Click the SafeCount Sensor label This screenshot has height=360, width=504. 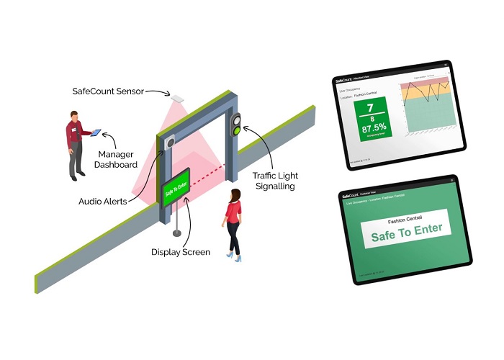click(108, 92)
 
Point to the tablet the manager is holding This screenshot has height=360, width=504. click(96, 132)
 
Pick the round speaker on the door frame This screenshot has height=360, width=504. click(170, 143)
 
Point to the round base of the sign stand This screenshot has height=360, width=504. click(176, 234)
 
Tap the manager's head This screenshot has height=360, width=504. click(76, 116)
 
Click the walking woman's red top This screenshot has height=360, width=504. click(233, 211)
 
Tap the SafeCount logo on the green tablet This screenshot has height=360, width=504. click(349, 195)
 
